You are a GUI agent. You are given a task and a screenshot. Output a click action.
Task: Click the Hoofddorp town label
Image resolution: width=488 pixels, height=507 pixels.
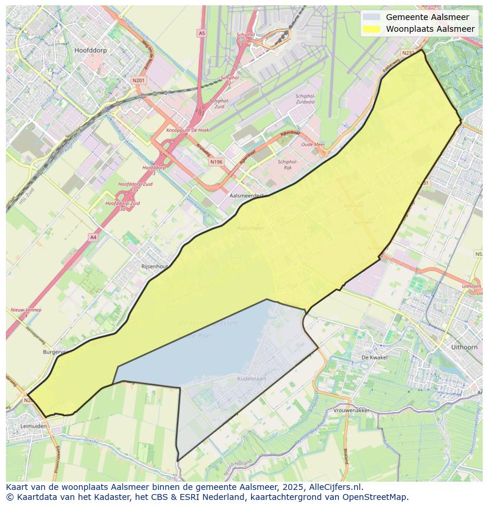point(90,51)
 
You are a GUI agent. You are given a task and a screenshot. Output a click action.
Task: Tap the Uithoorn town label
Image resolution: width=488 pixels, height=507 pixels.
point(463,347)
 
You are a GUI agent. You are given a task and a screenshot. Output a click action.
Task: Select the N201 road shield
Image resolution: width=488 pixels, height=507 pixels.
point(138,80)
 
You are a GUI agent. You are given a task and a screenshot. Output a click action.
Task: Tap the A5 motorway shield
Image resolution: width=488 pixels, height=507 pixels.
point(202,34)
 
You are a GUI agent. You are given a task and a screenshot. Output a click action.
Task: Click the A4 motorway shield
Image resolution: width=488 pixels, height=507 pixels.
point(93,237)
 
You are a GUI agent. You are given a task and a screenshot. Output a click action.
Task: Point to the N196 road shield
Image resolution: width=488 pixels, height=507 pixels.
point(216,161)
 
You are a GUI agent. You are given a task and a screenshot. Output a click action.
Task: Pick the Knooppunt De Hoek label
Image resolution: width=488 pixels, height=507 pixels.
point(187,130)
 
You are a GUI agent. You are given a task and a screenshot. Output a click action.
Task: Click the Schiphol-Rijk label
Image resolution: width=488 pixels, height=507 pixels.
point(288,164)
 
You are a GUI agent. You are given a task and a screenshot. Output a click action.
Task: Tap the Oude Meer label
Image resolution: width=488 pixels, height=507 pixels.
point(313,145)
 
